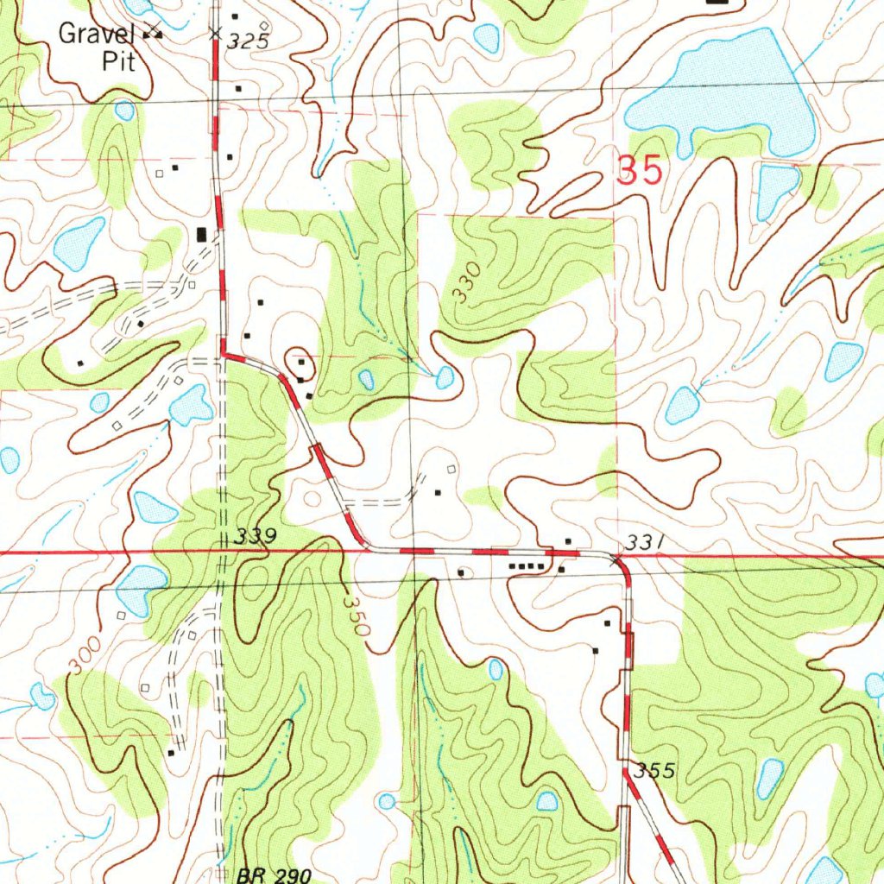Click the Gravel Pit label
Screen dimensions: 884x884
[x=97, y=47]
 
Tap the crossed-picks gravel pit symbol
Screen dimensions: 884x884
[x=154, y=31]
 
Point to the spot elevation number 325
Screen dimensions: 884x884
[x=249, y=41]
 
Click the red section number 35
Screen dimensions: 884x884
[x=640, y=171]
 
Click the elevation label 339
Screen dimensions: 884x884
[x=255, y=537]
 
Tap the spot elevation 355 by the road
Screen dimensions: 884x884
[x=654, y=770]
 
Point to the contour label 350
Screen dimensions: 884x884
[x=356, y=615]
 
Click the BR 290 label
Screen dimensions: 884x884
[x=273, y=875]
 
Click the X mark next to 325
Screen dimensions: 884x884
[x=215, y=35]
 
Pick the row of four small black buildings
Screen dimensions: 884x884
[x=527, y=566]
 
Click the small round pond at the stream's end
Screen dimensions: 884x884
[x=445, y=377]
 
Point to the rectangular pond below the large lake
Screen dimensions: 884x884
[x=776, y=191]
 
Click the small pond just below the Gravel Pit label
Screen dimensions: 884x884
[x=125, y=110]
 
